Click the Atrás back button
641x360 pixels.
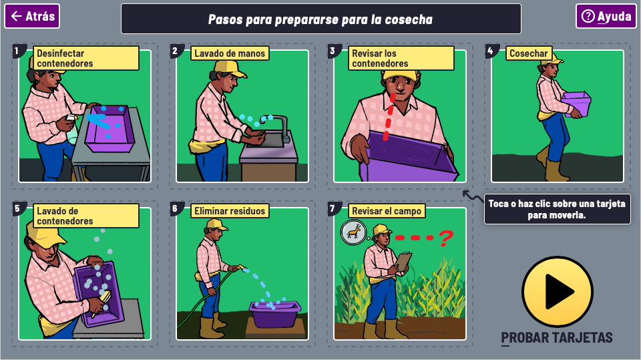[32, 16]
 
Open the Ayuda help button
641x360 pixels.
[606, 16]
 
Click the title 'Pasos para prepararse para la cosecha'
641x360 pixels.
[320, 19]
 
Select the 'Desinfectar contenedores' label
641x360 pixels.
[86, 58]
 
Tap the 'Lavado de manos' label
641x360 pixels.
[230, 53]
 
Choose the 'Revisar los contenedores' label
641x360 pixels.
[401, 58]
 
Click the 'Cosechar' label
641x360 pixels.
[529, 53]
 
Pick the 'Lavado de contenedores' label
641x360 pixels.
[86, 216]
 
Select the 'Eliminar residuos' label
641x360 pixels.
[230, 210]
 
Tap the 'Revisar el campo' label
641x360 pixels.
[387, 210]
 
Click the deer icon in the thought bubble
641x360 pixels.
[354, 232]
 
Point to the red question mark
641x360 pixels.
[446, 238]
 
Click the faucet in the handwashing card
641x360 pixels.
[278, 128]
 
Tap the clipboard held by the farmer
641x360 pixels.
[403, 262]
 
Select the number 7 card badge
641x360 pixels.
[333, 208]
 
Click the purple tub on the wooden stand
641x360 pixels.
[275, 314]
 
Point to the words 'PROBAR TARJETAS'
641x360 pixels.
[557, 337]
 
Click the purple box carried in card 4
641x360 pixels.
[576, 104]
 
